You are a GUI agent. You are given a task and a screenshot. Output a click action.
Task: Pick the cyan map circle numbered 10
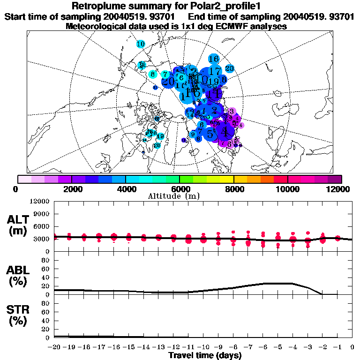(x=141, y=44)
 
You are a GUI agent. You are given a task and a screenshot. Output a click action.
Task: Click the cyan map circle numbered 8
(x=153, y=74)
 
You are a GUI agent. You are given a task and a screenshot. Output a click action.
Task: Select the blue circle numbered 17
(x=215, y=71)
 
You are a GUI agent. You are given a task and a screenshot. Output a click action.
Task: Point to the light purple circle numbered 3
(x=232, y=111)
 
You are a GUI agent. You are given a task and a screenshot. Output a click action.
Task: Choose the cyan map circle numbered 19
(x=160, y=136)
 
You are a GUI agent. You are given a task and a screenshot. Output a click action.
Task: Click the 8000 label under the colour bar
(x=233, y=189)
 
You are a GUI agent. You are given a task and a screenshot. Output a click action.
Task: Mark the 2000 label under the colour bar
(x=71, y=189)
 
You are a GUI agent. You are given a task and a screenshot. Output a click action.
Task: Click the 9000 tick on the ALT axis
(x=40, y=214)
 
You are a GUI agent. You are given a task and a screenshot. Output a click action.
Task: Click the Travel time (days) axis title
(x=205, y=356)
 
